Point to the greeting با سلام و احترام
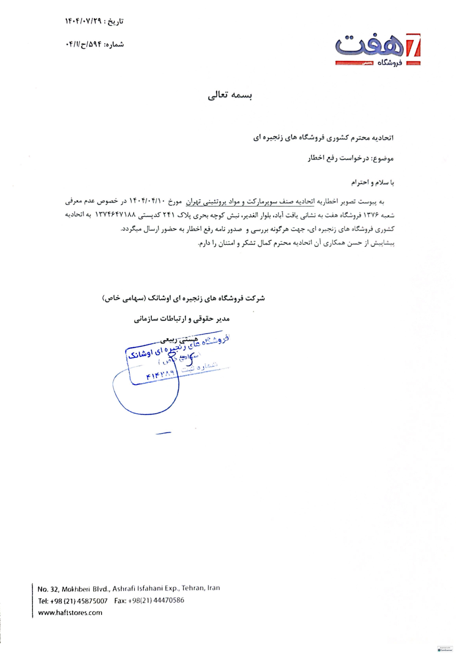click(x=373, y=183)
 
